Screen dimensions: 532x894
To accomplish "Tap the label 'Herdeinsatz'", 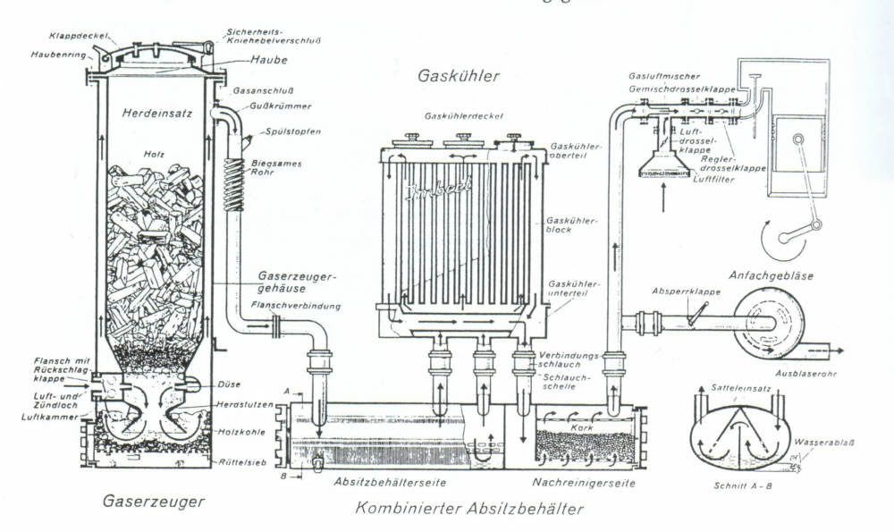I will (153, 114).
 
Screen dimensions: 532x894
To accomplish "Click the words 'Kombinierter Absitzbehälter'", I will (468, 510).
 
